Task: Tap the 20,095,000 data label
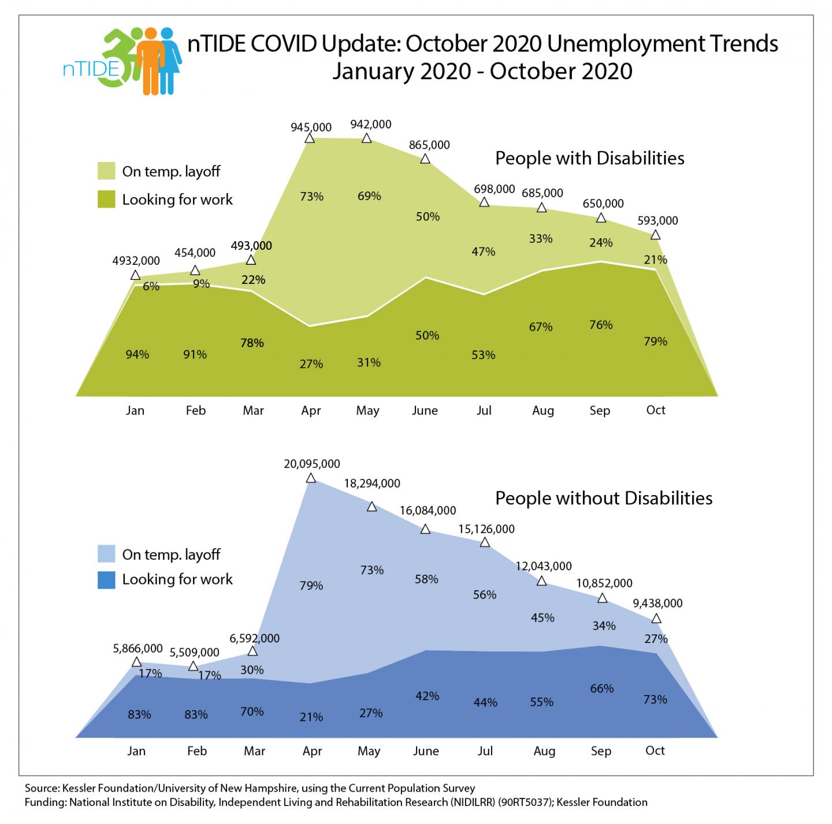coord(312,463)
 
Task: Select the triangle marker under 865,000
coord(425,158)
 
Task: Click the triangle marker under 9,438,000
coord(656,618)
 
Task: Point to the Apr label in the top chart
coord(311,411)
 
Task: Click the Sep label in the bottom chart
coord(600,751)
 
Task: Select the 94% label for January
coord(138,354)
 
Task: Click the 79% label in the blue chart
coord(311,586)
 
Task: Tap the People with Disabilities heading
coord(589,158)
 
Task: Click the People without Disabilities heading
coord(604,498)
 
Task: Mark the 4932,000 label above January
coord(136,261)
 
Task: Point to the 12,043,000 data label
coord(544,566)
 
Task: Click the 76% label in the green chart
coord(601,324)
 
